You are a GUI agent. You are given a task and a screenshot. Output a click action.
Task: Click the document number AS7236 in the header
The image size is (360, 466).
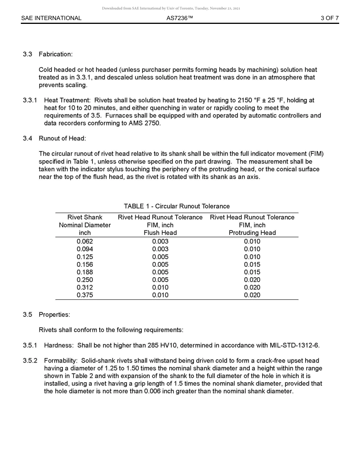click(x=180, y=18)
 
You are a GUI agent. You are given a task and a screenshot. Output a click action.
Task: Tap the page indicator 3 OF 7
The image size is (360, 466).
click(x=329, y=18)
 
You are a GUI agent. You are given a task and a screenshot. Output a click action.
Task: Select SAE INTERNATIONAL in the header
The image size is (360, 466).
click(x=51, y=18)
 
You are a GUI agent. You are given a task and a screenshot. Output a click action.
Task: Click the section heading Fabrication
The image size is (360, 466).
click(x=55, y=54)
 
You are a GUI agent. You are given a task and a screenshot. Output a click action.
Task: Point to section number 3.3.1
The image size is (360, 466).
click(x=30, y=100)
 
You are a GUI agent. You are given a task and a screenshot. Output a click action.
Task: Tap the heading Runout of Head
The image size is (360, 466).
click(x=62, y=138)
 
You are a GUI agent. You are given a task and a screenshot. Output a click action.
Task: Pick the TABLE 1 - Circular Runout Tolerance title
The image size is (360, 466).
click(x=177, y=206)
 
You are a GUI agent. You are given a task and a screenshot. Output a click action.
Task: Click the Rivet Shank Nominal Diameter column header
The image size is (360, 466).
click(x=85, y=225)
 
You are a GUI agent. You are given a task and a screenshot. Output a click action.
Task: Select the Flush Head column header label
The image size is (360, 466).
click(x=160, y=233)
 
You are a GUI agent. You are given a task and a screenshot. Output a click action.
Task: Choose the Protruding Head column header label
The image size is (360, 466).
click(x=252, y=233)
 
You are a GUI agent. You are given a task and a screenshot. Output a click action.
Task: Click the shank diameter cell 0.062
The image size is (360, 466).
click(x=85, y=241)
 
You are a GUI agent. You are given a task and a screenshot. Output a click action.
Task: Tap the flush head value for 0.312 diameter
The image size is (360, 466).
click(x=160, y=288)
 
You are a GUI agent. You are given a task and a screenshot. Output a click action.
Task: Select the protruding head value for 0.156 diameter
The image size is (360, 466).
click(x=252, y=264)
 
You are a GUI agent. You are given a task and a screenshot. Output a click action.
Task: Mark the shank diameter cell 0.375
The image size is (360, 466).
click(x=85, y=295)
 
